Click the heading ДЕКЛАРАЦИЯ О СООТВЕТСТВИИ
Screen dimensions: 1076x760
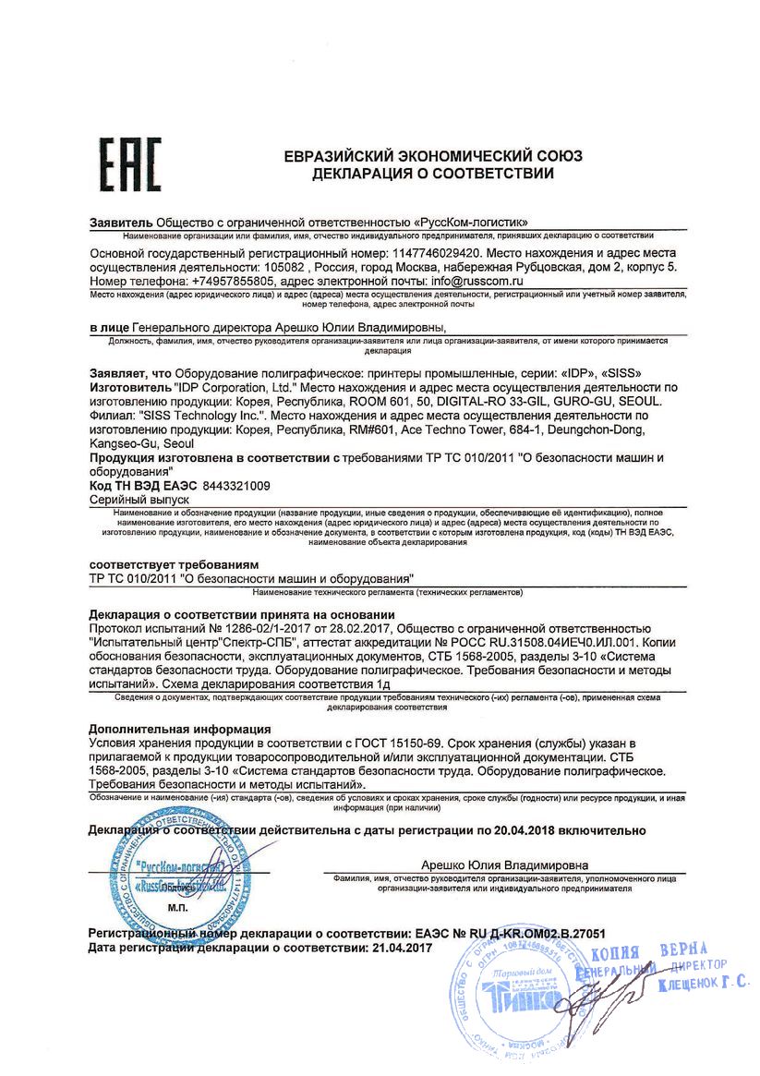[x=433, y=173]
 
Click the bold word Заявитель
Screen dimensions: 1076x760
[x=121, y=223]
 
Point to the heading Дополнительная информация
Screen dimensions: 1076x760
[x=179, y=729]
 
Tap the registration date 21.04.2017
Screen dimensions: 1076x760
[x=401, y=948]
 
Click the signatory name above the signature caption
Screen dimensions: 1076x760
[x=504, y=864]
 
